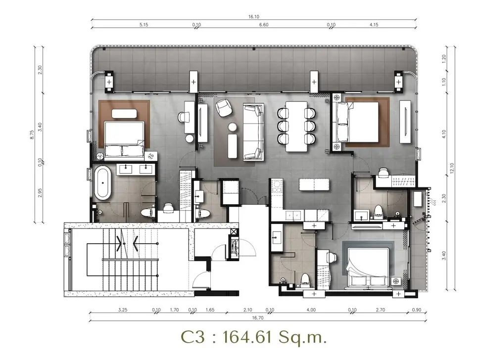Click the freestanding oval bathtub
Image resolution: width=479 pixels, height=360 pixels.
102,182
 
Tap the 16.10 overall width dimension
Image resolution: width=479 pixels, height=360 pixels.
254,17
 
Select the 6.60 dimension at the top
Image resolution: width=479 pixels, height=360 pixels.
264,25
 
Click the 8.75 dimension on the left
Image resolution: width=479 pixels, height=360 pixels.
32,135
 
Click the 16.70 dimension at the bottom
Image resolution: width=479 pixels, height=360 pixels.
258,318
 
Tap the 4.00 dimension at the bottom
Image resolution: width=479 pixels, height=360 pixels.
311,310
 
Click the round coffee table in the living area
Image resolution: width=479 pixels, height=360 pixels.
233,127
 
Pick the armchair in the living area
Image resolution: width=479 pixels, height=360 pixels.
224,108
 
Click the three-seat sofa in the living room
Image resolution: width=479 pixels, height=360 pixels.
253,132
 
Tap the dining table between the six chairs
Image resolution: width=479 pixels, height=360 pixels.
296,127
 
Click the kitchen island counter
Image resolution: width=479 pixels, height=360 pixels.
314,184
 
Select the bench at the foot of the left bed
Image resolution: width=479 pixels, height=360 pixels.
124,114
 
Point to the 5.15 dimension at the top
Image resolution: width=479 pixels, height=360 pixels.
144,25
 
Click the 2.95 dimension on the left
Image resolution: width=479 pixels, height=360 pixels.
40,193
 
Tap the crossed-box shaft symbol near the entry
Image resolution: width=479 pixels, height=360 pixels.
234,232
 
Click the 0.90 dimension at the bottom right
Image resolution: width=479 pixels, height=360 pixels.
416,310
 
